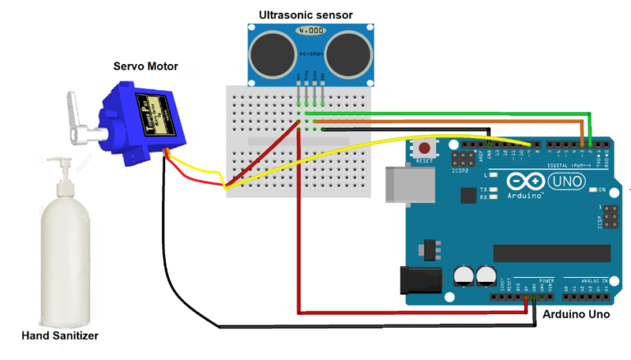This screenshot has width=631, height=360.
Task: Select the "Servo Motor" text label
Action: pos(145,67)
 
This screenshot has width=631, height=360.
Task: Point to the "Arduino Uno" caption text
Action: pos(576,314)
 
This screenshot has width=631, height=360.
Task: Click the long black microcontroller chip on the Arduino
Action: pos(552,253)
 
